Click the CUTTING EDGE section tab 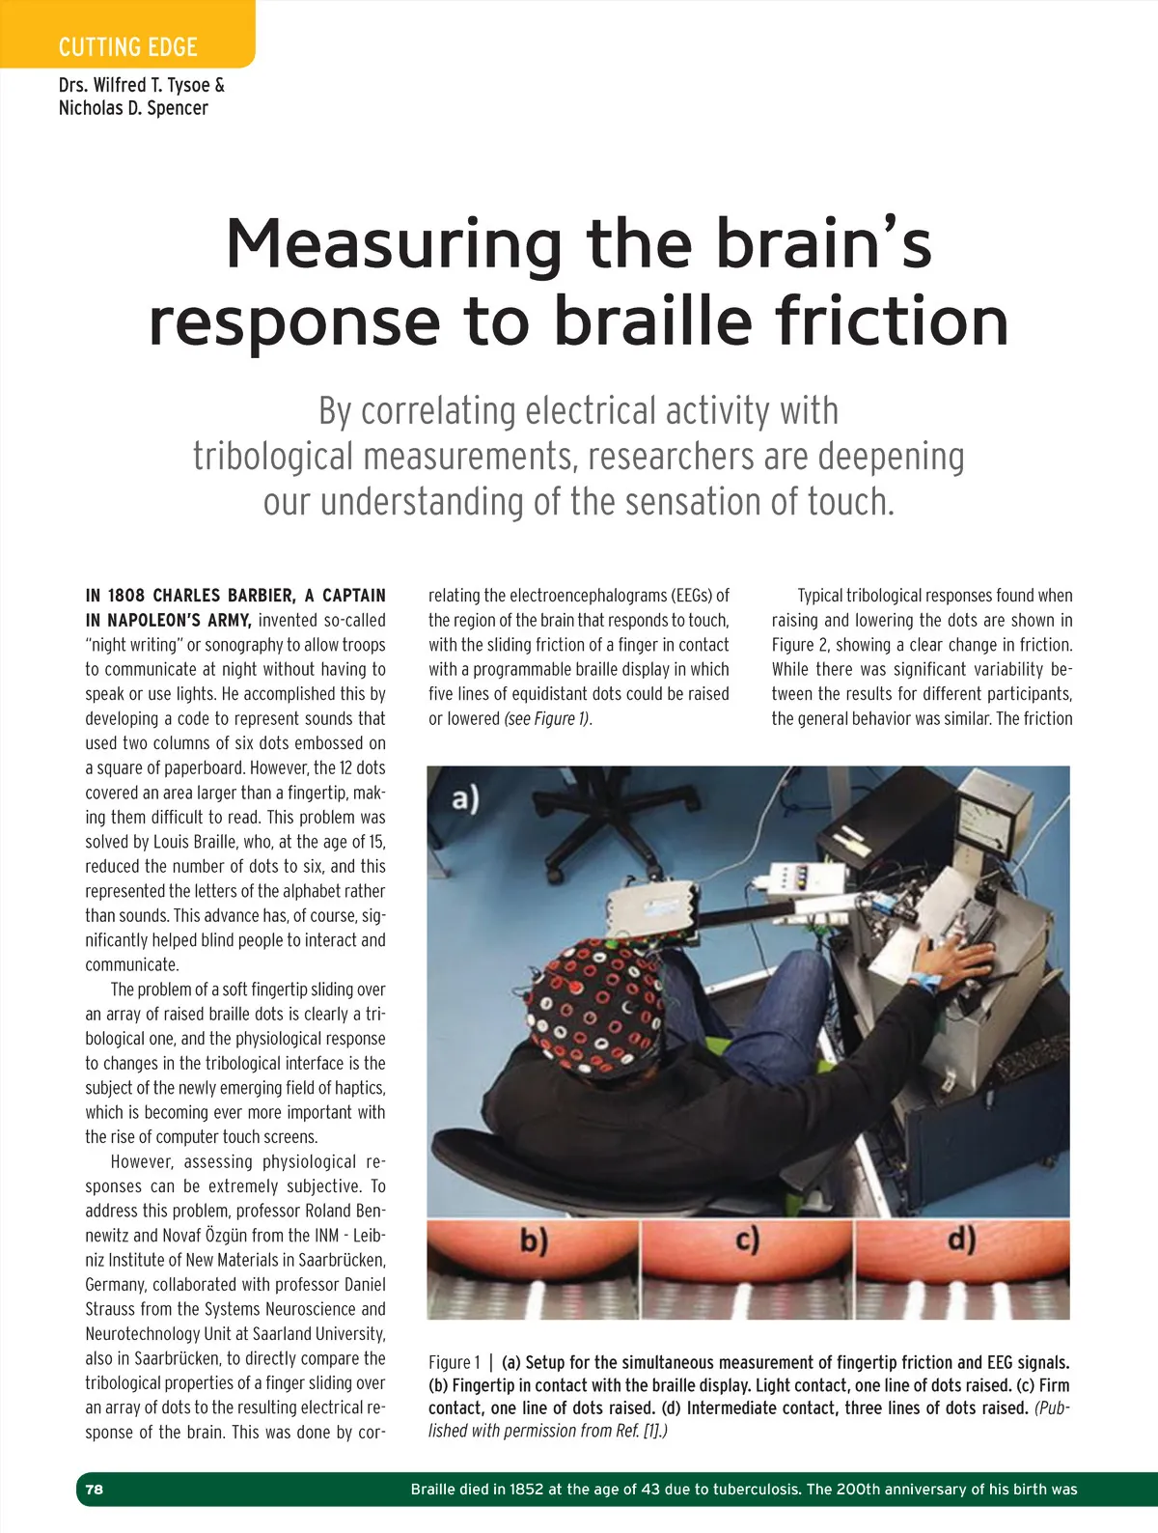point(127,46)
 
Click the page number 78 point(94,1489)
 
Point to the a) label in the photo point(465,799)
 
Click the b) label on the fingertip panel point(534,1240)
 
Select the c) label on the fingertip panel point(748,1239)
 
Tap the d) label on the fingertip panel point(961,1239)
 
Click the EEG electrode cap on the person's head point(598,999)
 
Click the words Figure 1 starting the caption point(454,1362)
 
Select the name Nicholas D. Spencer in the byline point(133,108)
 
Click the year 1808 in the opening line point(125,596)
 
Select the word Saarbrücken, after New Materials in point(333,1260)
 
